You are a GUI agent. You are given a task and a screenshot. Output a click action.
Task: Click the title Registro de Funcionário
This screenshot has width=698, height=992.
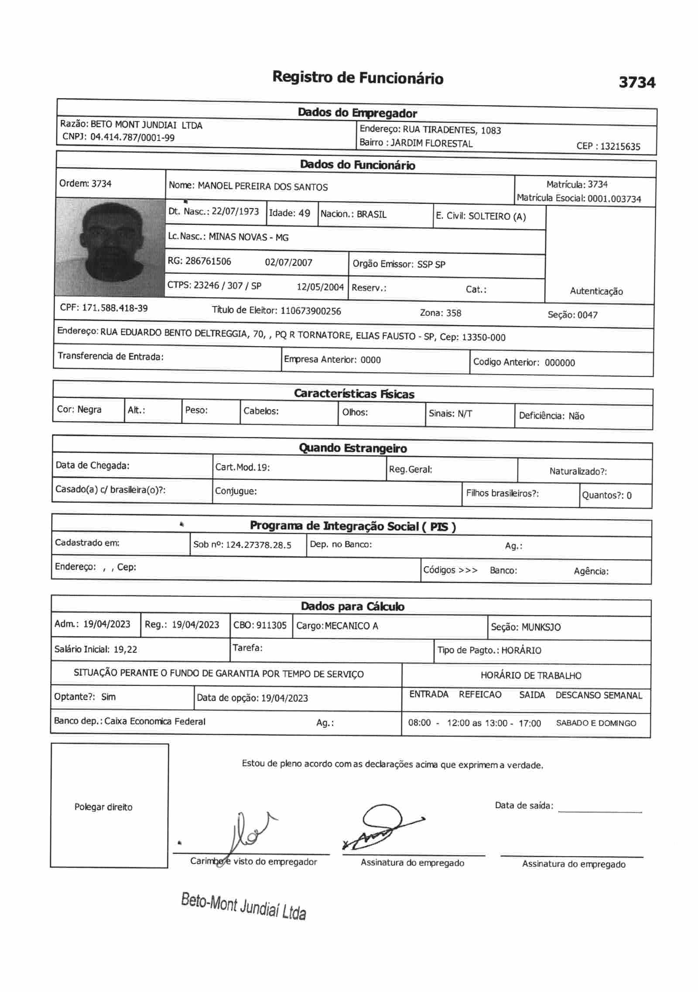point(358,78)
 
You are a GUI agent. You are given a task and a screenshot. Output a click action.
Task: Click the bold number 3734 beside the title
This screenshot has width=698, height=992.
point(636,82)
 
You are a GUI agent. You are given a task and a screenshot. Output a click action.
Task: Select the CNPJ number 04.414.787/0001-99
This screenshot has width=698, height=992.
point(132,138)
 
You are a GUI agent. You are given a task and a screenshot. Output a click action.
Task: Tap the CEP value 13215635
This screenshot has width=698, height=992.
point(620,146)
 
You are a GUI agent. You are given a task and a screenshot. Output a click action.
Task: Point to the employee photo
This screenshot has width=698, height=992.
point(110,247)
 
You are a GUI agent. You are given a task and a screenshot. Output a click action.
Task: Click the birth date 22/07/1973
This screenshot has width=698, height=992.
point(235,211)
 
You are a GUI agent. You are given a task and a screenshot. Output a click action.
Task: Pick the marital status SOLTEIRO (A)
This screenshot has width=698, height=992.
point(497,217)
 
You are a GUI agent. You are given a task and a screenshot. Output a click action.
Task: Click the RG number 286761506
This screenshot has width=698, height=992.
point(208,261)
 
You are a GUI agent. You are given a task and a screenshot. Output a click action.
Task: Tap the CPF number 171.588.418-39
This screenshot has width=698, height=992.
point(115,308)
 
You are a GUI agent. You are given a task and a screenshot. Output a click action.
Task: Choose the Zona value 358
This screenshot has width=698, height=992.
point(453,313)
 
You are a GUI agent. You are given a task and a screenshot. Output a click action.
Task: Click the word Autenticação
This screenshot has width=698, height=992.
point(596,291)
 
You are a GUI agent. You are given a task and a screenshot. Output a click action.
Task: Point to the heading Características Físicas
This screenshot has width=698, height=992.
point(354,394)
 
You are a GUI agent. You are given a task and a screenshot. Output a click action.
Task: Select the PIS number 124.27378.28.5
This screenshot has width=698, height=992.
point(258,545)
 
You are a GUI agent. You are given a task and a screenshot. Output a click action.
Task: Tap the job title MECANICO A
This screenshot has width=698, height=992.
point(351,626)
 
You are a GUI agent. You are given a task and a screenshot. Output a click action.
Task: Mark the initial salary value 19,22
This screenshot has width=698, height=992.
point(125,649)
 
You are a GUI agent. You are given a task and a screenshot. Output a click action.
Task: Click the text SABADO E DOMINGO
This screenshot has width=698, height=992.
point(595,723)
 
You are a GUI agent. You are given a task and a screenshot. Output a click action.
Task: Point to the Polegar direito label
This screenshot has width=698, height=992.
point(103,807)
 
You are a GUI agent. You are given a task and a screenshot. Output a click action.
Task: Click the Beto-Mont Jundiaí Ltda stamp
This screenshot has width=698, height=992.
point(243,906)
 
